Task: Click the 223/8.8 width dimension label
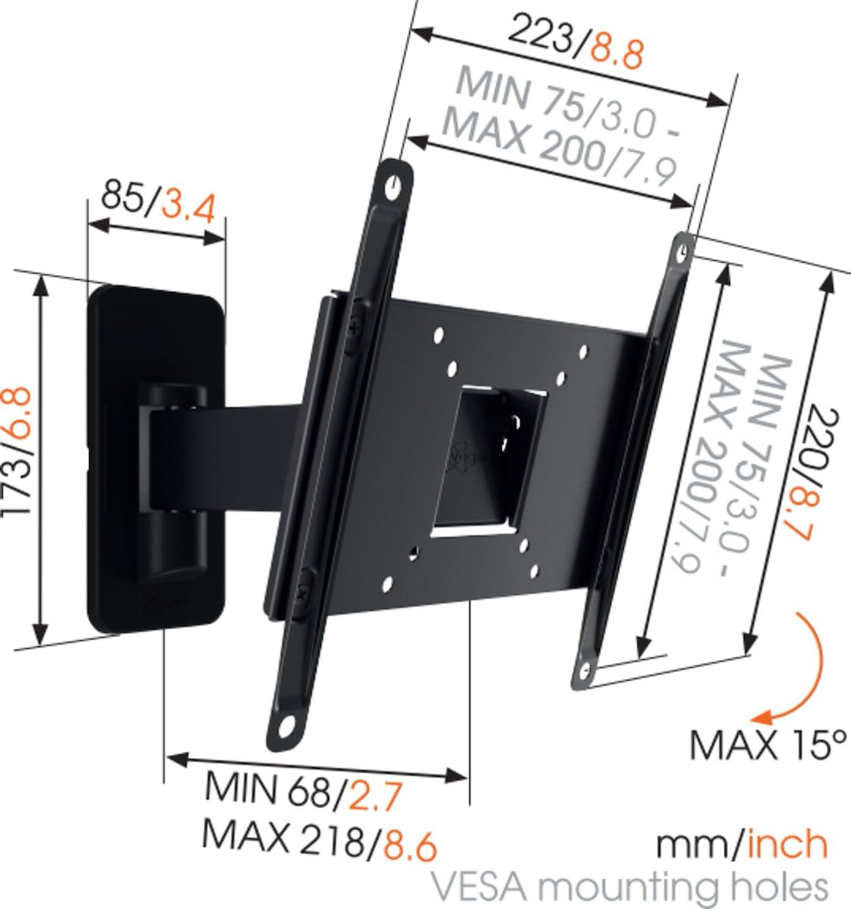pos(575,45)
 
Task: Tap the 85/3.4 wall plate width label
pos(157,199)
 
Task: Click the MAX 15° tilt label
pos(762,744)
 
